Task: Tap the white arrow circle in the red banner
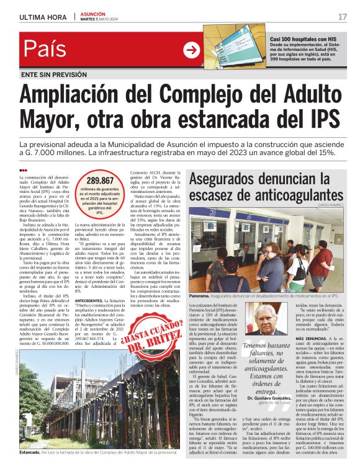point(191,50)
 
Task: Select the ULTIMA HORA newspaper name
point(43,17)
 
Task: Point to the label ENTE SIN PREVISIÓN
point(53,74)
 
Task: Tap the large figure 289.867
point(95,181)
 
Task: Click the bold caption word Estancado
point(29,453)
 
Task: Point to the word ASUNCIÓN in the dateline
point(92,13)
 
